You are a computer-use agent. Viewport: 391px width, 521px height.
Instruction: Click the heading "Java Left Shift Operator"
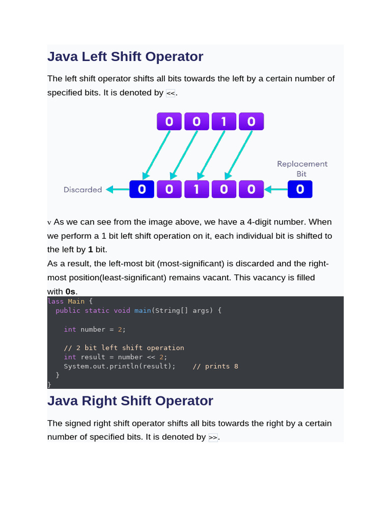[x=125, y=56]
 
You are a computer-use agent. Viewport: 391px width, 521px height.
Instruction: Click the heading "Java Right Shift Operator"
[x=130, y=401]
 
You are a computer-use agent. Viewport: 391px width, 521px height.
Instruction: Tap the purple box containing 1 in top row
[x=224, y=122]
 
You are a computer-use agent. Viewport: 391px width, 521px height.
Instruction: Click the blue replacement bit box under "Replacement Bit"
[x=300, y=189]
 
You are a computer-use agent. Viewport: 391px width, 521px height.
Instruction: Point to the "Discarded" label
[x=82, y=190]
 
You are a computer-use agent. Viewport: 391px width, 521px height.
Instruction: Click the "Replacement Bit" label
[x=302, y=168]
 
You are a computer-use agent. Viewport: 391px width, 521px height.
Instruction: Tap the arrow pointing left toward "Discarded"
[x=117, y=190]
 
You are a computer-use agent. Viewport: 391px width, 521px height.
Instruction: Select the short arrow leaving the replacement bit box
[x=275, y=190]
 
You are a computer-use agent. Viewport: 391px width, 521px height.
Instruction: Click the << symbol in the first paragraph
[x=171, y=94]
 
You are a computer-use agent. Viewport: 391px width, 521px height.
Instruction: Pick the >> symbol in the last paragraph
[x=213, y=438]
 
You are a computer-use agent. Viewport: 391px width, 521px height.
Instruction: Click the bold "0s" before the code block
[x=71, y=292]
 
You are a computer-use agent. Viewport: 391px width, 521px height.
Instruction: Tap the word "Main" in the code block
[x=76, y=301]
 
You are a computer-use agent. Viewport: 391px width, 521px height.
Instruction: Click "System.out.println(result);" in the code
[x=119, y=366]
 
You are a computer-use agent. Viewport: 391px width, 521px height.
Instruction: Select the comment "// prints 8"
[x=215, y=366]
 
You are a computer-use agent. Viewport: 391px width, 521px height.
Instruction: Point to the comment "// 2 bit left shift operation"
[x=124, y=348]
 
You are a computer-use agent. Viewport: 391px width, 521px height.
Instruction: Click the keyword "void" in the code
[x=122, y=310]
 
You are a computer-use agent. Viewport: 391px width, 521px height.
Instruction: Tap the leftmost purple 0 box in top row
[x=169, y=122]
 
